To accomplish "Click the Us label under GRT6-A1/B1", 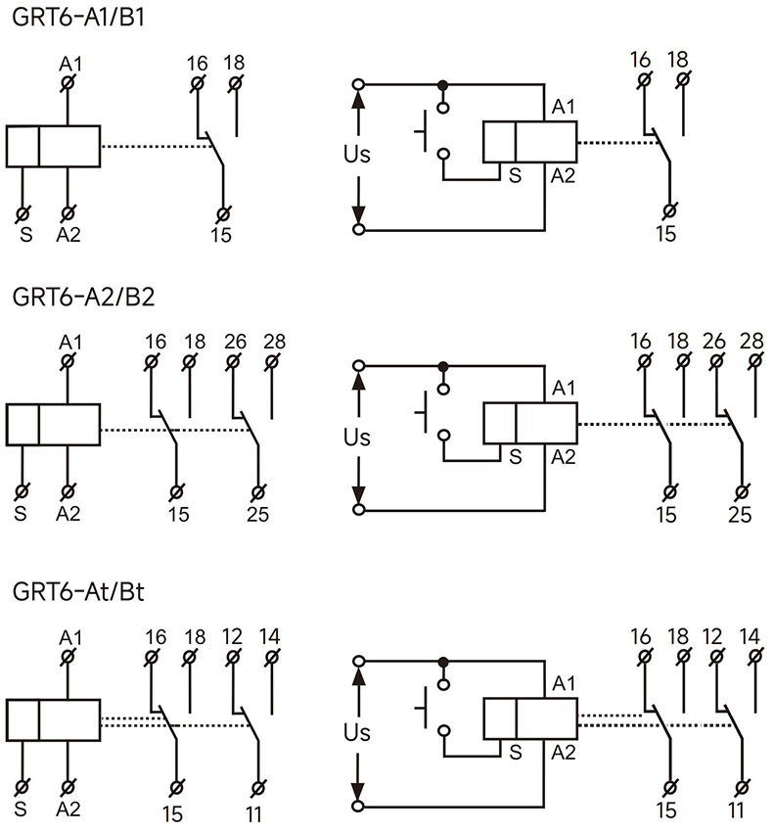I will tap(357, 155).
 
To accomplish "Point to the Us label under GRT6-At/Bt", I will tap(357, 732).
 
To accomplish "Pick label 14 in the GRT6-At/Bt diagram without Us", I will tap(269, 636).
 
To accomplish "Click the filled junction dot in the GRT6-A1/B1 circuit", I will tap(443, 84).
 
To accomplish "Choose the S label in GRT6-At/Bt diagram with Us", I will tap(514, 752).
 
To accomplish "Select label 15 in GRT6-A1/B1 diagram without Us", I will tap(222, 235).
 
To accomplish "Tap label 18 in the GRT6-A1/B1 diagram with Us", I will tap(677, 60).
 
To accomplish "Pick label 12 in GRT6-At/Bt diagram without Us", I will tap(232, 636).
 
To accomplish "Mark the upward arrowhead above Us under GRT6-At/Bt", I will tap(358, 674).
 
